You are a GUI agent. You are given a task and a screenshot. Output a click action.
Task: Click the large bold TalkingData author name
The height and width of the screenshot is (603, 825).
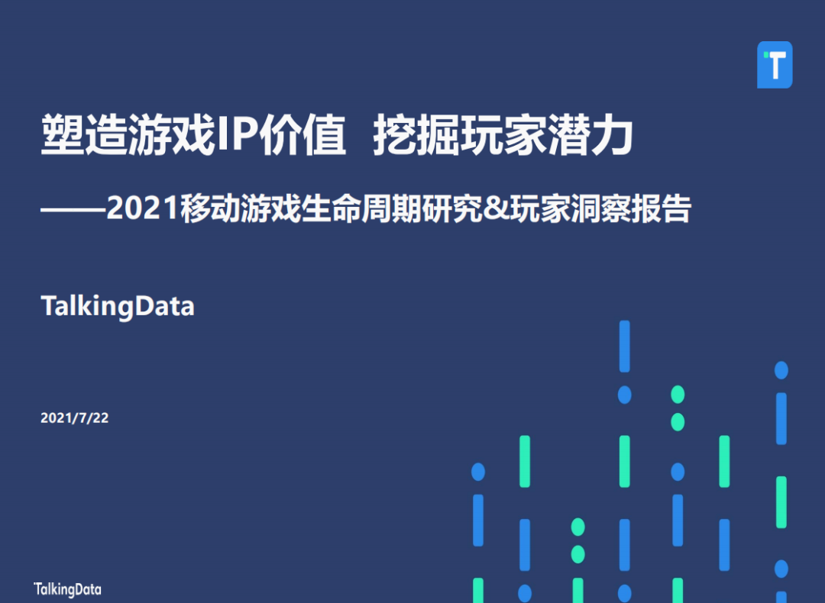[118, 306]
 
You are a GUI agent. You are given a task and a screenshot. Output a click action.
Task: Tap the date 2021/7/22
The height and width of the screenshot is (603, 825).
[74, 418]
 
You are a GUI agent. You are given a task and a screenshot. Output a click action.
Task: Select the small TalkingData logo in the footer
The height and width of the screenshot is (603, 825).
[67, 589]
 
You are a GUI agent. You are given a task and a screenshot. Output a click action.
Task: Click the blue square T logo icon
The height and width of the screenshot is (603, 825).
[775, 65]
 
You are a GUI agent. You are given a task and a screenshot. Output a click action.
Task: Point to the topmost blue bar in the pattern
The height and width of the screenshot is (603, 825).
[624, 346]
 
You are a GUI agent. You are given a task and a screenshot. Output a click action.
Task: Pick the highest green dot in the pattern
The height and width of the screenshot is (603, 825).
[678, 395]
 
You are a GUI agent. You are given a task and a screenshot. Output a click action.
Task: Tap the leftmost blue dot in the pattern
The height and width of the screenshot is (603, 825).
[478, 472]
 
